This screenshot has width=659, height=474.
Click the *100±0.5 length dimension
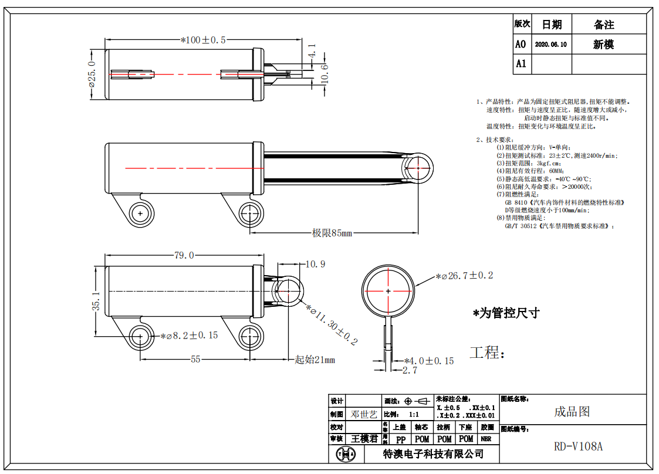[x=203, y=40]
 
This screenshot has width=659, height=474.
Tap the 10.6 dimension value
[x=323, y=74]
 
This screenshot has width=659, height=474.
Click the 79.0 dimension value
[x=184, y=255]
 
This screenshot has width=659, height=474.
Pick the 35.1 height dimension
[x=96, y=302]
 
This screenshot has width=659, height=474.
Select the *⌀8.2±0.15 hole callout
[x=189, y=336]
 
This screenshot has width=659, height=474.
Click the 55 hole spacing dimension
[x=195, y=359]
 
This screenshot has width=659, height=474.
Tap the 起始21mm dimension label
[x=315, y=360]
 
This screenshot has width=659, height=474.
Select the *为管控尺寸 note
[x=506, y=313]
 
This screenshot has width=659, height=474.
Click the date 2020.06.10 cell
[x=551, y=45]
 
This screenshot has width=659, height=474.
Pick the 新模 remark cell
[x=603, y=45]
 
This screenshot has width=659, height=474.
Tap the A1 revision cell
[x=521, y=64]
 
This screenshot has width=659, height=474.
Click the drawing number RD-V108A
[x=578, y=446]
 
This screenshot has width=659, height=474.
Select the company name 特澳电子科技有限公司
[x=433, y=453]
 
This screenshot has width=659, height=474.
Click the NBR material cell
[x=486, y=439]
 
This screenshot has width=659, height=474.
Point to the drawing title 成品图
[x=572, y=411]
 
